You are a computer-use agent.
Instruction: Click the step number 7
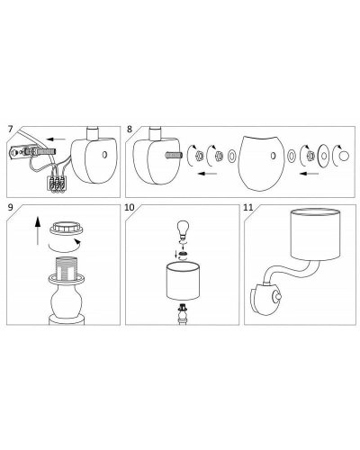(11, 130)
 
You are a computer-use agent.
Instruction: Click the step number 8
(130, 130)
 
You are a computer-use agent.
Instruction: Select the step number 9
(11, 208)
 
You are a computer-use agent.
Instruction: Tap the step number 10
(130, 208)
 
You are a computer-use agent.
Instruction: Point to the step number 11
(248, 208)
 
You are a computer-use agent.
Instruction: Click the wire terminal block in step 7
(57, 184)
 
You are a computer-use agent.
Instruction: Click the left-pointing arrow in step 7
(57, 139)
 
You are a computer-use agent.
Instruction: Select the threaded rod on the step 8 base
(173, 156)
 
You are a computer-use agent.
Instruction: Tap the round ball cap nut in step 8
(344, 156)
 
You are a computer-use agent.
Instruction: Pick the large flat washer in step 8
(324, 156)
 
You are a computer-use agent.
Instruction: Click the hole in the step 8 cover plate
(273, 156)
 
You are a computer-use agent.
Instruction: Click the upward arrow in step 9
(37, 230)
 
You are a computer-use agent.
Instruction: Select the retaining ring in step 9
(67, 229)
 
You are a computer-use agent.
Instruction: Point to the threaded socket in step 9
(66, 267)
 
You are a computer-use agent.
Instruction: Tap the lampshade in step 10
(183, 281)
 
